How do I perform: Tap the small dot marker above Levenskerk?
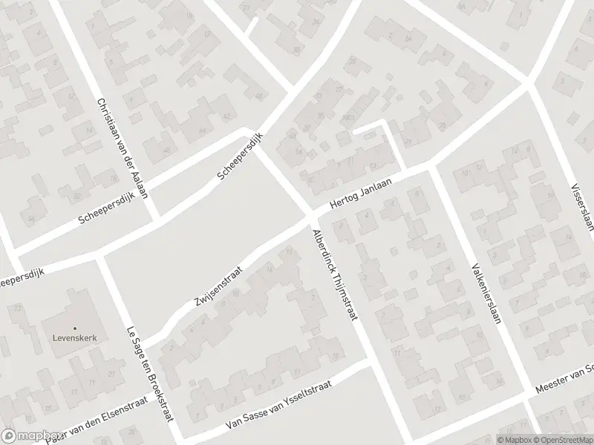point(75,328)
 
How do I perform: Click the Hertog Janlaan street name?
point(361,195)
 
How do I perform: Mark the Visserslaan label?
point(582,208)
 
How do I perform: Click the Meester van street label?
point(564,380)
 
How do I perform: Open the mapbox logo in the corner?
point(31,436)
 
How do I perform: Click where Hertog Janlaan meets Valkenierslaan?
point(431,168)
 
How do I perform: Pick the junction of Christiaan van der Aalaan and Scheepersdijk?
point(154,220)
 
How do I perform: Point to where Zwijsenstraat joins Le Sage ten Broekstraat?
point(141,343)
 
